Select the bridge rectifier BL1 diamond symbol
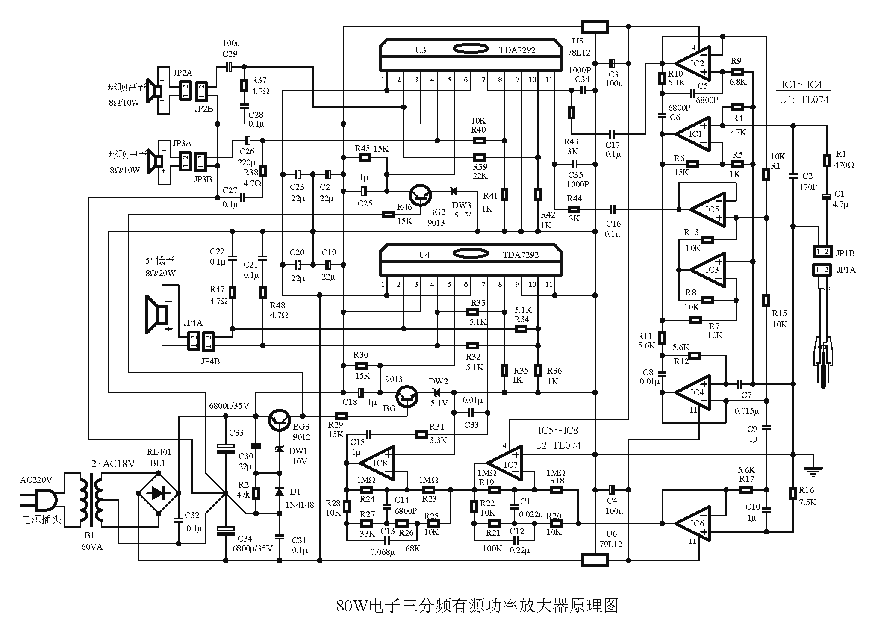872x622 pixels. click(158, 493)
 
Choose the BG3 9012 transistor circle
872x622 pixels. click(280, 420)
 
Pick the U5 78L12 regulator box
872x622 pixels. click(595, 27)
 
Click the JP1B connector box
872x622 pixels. click(823, 252)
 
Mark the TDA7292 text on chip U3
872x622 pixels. click(517, 50)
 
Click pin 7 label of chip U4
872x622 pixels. click(483, 284)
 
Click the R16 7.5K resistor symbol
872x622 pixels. click(793, 493)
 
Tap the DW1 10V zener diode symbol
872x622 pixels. click(280, 449)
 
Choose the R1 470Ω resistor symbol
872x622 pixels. click(827, 161)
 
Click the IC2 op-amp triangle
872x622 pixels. click(695, 63)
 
